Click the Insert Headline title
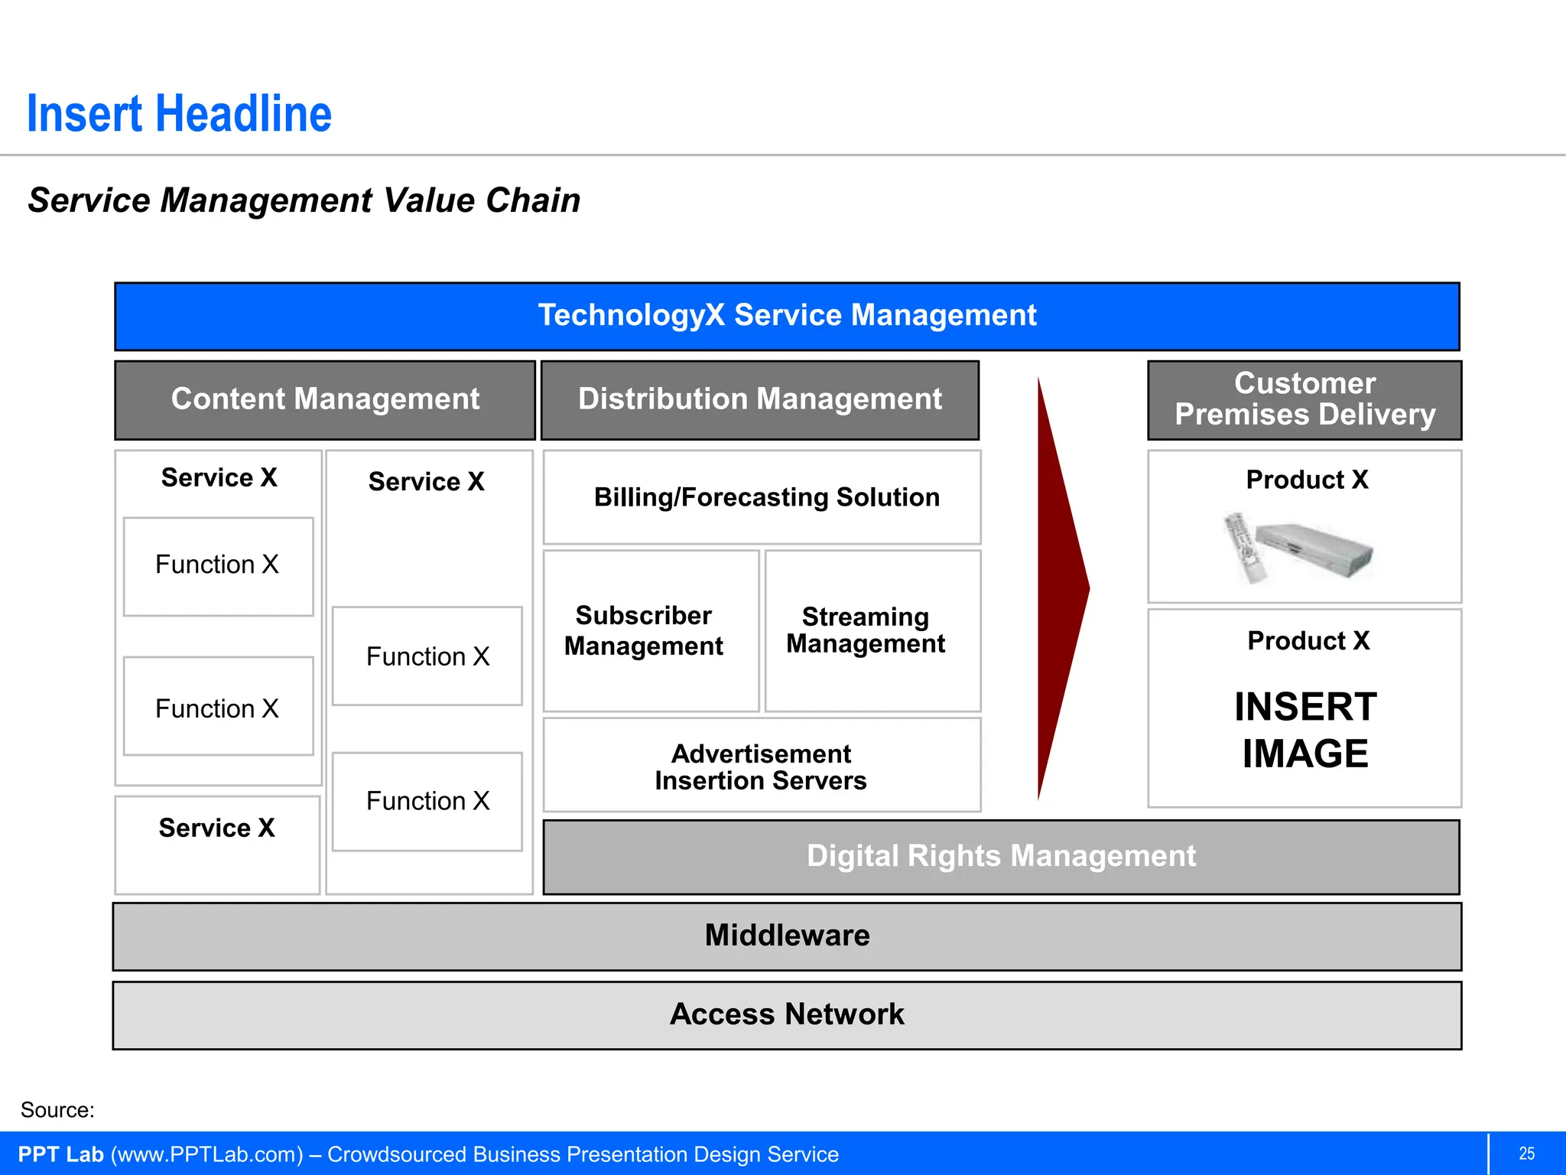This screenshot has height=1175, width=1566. pos(179,114)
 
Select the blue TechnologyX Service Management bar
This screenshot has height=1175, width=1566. pos(787,316)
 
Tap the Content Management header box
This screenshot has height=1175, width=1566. pos(325,399)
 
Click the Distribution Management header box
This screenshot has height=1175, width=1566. pos(760,399)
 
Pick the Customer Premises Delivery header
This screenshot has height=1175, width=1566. pos(1304,399)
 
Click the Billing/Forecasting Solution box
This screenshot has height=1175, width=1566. pos(766,497)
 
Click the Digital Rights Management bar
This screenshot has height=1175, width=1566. pos(1001,856)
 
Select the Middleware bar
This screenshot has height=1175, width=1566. pos(787,936)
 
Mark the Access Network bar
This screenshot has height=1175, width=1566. pos(787,1014)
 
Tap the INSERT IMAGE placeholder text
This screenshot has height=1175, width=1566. pos(1304,730)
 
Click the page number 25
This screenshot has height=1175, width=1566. pos(1526,1154)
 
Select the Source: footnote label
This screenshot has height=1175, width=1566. pos(57,1110)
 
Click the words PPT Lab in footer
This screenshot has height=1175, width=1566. pos(60,1154)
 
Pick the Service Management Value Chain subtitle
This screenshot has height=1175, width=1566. pos(304,200)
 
